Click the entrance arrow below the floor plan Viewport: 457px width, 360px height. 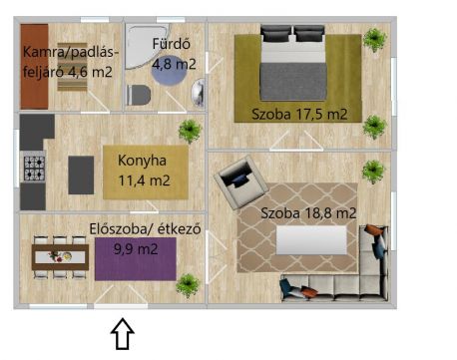(x=123, y=334)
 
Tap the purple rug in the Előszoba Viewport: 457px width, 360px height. (x=136, y=259)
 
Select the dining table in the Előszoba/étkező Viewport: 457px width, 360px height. (x=60, y=257)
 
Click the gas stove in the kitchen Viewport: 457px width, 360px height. (x=34, y=168)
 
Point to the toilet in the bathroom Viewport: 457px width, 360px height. (x=138, y=95)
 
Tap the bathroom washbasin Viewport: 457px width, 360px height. (x=198, y=93)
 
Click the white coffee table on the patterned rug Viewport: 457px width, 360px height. (x=311, y=240)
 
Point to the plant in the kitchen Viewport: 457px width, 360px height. (x=190, y=131)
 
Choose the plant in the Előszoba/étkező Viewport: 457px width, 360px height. (x=188, y=285)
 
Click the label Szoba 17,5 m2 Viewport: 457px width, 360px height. (x=299, y=115)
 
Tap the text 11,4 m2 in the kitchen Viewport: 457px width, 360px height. (x=144, y=180)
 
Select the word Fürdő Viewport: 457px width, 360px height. (x=172, y=44)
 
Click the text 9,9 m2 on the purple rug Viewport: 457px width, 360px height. (x=136, y=249)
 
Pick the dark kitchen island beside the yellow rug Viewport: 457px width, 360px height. (x=81, y=176)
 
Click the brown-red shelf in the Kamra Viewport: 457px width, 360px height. (x=34, y=66)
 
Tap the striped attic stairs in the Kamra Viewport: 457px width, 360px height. (x=72, y=67)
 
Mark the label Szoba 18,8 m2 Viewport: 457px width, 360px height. (x=308, y=213)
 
